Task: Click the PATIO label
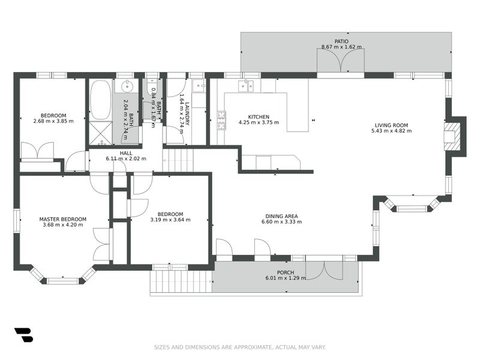click(341, 41)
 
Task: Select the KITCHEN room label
click(259, 117)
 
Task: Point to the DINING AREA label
click(281, 216)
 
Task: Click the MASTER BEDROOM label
click(63, 219)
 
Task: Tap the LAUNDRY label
click(187, 113)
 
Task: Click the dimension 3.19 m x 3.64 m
click(170, 220)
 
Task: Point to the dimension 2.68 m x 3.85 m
click(53, 121)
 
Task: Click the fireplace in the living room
click(452, 136)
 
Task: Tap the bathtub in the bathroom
click(100, 100)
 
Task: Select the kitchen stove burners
click(221, 120)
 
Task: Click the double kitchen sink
click(245, 86)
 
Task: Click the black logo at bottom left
click(23, 335)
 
